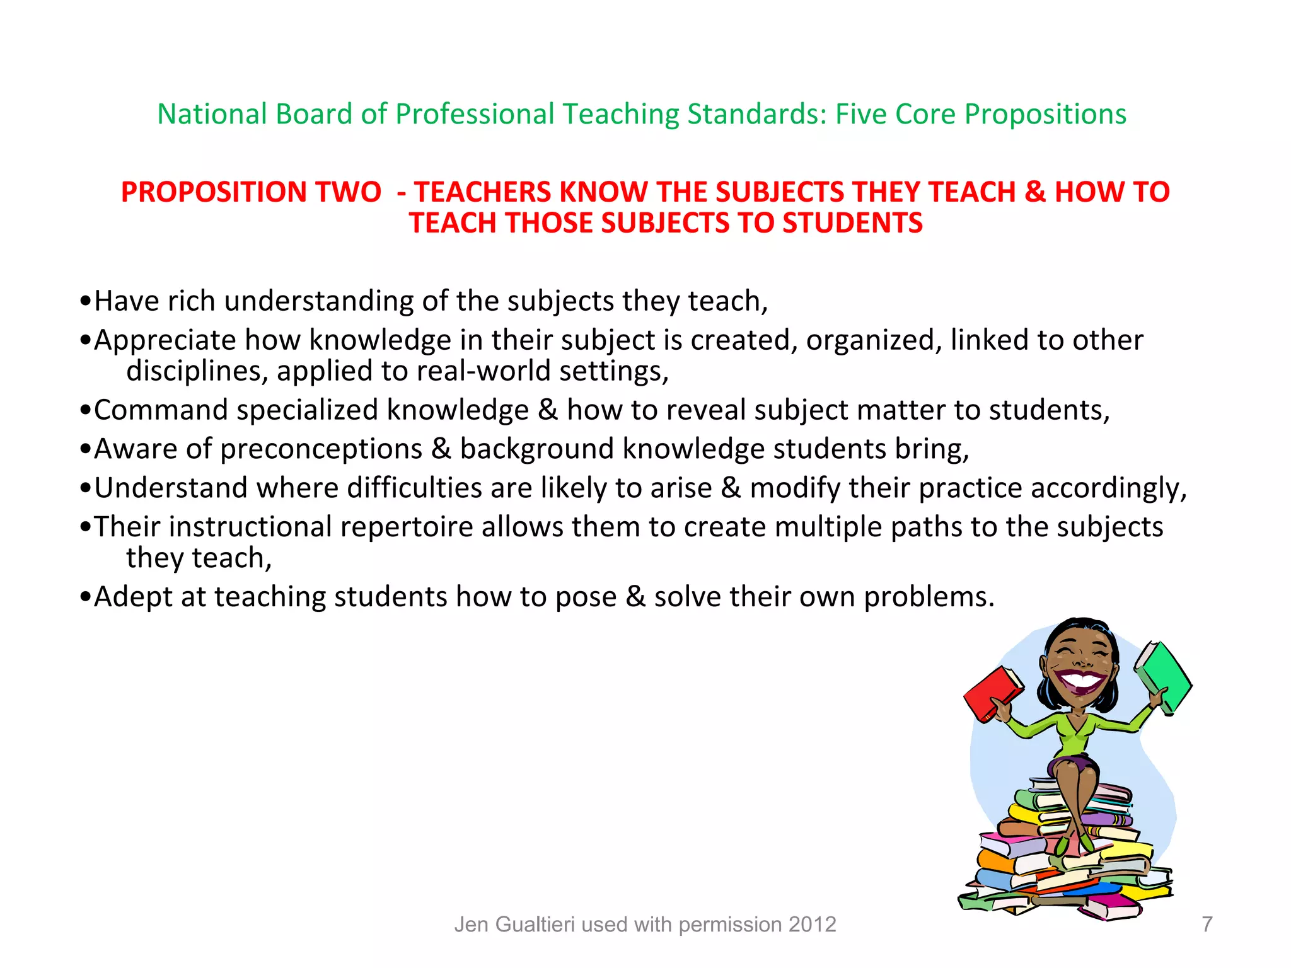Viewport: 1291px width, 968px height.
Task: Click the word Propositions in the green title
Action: [1045, 115]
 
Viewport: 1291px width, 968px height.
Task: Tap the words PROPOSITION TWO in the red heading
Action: [251, 192]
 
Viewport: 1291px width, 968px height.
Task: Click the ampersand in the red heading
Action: [1034, 192]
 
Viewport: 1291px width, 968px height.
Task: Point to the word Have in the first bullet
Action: [126, 301]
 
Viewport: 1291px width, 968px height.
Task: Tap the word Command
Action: [161, 410]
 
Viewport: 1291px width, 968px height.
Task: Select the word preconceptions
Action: [321, 449]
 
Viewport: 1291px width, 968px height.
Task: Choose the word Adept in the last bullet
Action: [133, 597]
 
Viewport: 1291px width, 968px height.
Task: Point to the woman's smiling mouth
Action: [1082, 682]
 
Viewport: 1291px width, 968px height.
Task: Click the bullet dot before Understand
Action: [86, 489]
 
